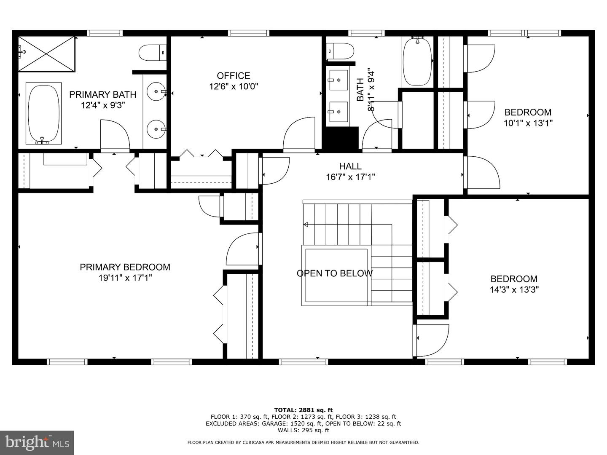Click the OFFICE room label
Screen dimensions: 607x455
(234, 75)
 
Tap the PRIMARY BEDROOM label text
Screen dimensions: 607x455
(125, 267)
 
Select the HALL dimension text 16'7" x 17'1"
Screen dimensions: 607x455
(350, 177)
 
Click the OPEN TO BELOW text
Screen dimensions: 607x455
(335, 273)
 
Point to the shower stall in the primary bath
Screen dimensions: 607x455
(46, 54)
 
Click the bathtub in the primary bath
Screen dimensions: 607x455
(44, 113)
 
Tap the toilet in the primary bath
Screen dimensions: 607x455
(152, 53)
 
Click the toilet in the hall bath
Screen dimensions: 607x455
(340, 51)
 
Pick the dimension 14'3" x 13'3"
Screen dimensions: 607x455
(514, 290)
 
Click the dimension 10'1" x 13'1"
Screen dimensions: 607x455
(528, 123)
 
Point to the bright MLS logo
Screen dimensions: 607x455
(37, 442)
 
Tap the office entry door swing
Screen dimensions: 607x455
(299, 134)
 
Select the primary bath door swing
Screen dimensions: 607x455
(115, 135)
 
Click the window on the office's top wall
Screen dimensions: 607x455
(248, 33)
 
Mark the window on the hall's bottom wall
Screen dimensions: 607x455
(303, 361)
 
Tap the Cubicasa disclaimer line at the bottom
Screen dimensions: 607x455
(303, 442)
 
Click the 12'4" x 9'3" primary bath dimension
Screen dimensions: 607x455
(103, 105)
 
